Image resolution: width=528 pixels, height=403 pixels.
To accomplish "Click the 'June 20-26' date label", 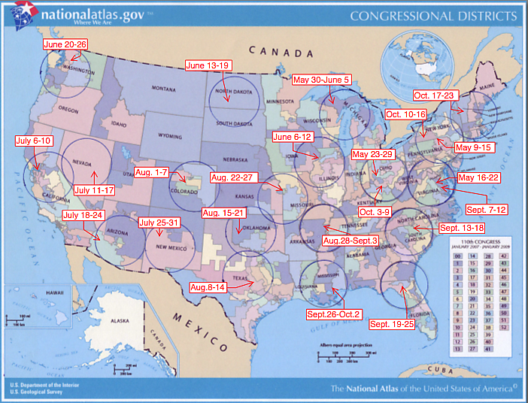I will click(65, 45).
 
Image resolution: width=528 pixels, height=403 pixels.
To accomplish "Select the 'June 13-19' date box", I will click(208, 65).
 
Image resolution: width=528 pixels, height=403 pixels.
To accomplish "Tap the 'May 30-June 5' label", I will click(321, 80).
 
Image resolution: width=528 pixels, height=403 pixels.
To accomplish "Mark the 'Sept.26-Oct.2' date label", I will click(334, 314).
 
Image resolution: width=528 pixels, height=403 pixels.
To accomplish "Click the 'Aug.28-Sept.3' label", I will click(350, 240).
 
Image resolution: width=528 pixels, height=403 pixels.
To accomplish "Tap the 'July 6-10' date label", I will click(34, 141).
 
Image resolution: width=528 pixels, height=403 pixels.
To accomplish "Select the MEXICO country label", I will click(199, 330).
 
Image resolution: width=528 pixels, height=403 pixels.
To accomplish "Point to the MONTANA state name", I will click(167, 89).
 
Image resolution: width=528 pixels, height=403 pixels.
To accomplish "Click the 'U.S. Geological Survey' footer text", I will click(38, 392).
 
